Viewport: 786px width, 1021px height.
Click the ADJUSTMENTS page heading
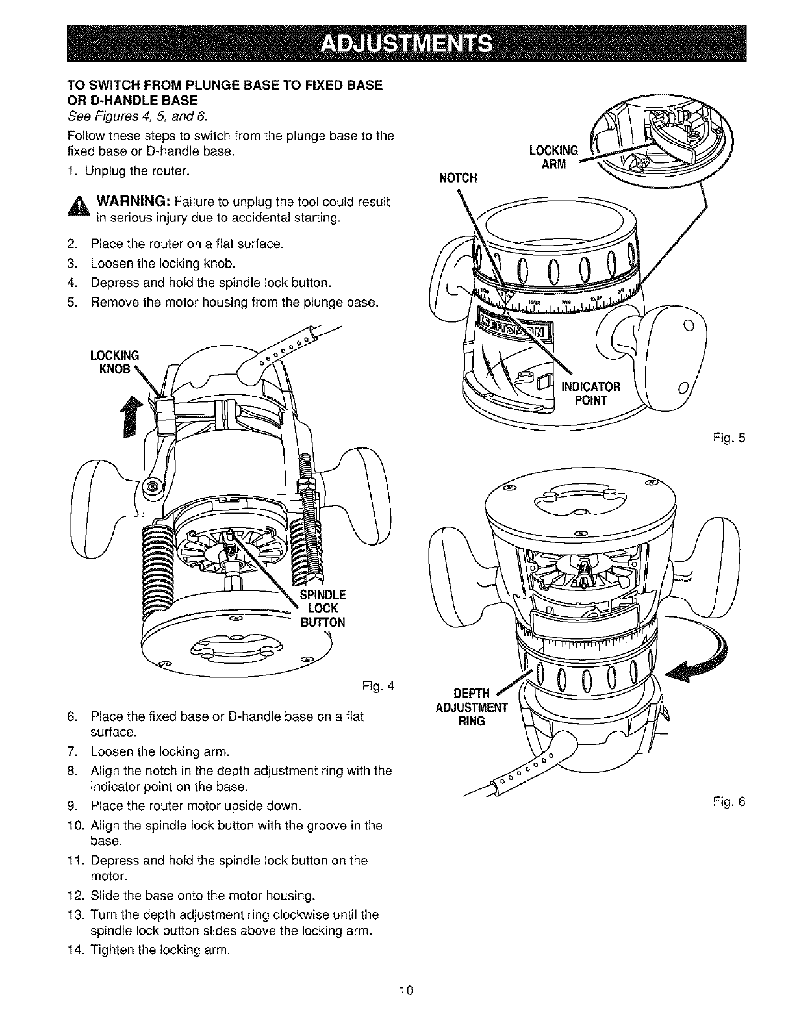pos(407,44)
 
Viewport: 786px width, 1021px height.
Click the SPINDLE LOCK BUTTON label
pos(323,608)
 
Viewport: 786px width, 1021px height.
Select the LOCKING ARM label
pos(553,157)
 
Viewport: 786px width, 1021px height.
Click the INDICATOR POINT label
pos(591,393)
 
